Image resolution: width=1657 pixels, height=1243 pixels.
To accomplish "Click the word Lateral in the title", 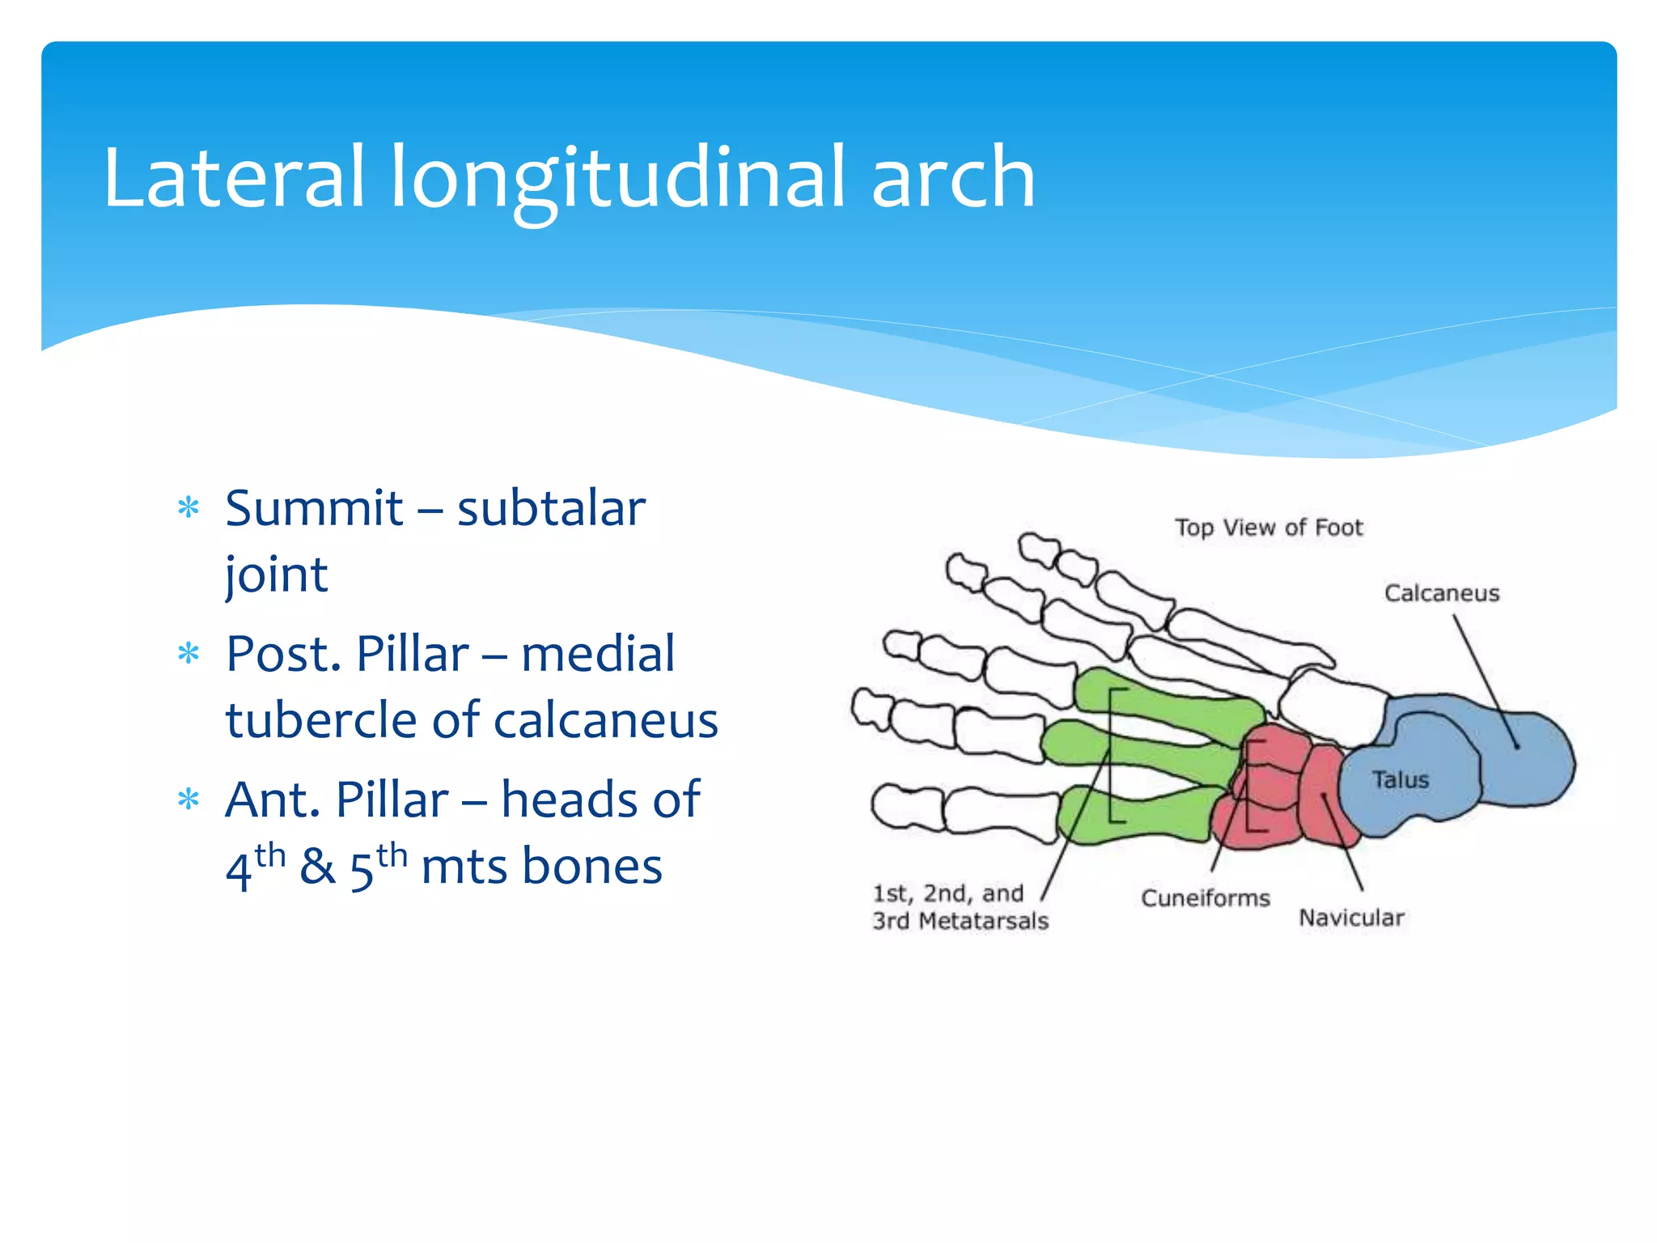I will pos(235,176).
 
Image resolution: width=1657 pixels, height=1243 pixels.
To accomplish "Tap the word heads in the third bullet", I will pos(568,800).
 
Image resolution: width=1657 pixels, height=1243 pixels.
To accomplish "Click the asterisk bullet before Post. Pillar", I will pos(189,653).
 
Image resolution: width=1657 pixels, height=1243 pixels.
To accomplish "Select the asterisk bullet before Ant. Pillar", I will pos(189,800).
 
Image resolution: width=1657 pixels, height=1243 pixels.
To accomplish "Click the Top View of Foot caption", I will pos(1268,528).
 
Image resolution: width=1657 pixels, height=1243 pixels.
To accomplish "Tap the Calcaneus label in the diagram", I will pos(1441,593).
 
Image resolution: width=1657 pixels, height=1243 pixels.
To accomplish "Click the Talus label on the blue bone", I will pos(1400,779).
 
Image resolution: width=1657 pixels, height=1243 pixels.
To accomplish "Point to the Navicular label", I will pos(1350,918).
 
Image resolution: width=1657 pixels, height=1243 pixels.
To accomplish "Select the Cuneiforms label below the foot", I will pos(1205,897).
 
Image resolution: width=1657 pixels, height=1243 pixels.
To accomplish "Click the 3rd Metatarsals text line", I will pos(960,921).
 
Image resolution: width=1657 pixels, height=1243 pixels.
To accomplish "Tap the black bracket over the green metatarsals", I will pos(1112,753).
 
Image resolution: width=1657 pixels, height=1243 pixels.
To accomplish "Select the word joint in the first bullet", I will pos(276,575).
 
